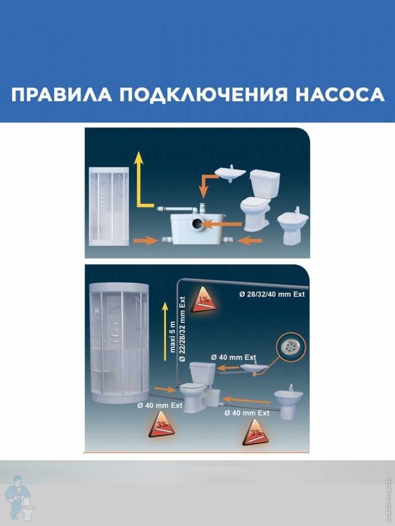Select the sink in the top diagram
point(230,174)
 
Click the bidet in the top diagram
point(293,228)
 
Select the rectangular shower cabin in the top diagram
point(109,206)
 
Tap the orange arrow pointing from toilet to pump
point(223,224)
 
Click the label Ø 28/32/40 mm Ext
point(272,294)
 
